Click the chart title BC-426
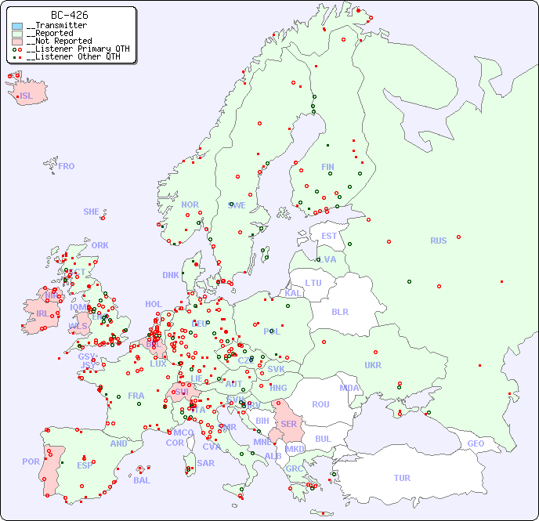(69, 15)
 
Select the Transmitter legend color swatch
(17, 26)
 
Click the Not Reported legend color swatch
(17, 41)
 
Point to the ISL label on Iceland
(27, 96)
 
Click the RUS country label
(438, 241)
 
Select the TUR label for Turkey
(402, 478)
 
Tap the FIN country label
(327, 167)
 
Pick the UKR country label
(373, 365)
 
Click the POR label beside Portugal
(31, 461)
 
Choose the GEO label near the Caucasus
(476, 443)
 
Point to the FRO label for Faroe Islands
(67, 166)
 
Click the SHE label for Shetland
(92, 212)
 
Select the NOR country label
(190, 204)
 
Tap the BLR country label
(340, 311)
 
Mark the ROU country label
(320, 404)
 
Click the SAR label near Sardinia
(206, 463)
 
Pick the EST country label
(329, 236)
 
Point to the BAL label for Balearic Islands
(142, 480)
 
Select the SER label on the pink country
(288, 424)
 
